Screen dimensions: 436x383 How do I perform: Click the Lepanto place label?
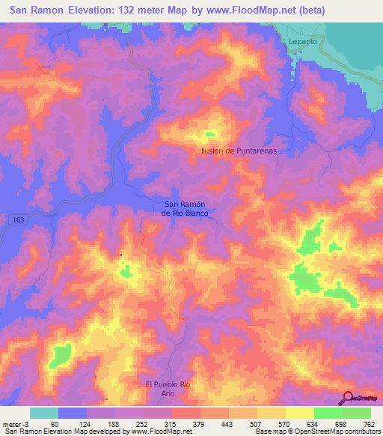click(x=302, y=42)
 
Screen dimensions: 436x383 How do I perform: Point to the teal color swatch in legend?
click(x=44, y=413)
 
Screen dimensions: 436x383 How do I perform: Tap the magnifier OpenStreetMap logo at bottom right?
click(x=348, y=398)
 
